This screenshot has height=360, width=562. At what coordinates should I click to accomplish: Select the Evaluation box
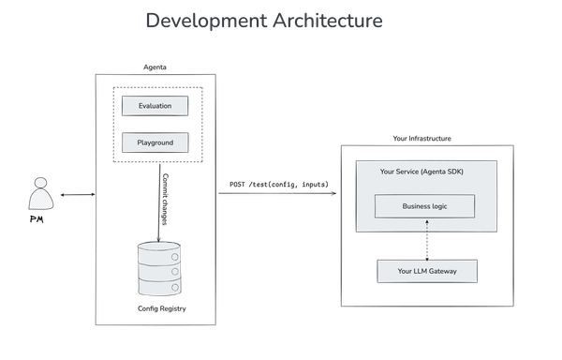point(155,106)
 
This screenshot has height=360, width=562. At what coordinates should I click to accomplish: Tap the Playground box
point(155,143)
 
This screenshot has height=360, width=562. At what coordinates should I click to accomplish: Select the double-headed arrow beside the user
point(76,195)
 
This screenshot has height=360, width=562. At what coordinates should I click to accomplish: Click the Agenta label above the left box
point(155,67)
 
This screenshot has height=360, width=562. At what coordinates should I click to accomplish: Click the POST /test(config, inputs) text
point(278,184)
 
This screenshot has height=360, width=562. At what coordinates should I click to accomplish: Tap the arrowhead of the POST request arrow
point(335,195)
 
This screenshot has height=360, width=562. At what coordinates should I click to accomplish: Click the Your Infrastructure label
point(421,138)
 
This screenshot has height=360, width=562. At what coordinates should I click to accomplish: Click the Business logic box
point(425,205)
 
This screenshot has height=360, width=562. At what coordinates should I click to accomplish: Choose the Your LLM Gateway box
point(425,271)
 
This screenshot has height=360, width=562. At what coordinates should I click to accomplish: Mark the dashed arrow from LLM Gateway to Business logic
point(425,239)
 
